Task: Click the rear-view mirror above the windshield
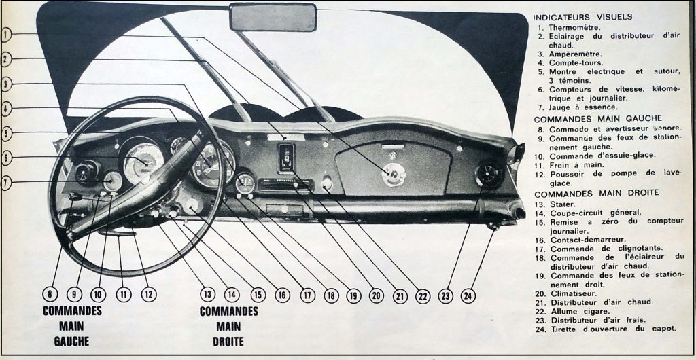pos(273,17)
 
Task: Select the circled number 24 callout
pos(468,295)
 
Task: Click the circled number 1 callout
pos(5,34)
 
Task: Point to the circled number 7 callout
pos(5,183)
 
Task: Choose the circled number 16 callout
pos(282,295)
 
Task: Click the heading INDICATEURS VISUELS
pos(582,17)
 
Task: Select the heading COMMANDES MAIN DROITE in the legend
pos(597,194)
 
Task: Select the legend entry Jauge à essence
pos(582,107)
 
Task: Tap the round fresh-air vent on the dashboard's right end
pos(489,176)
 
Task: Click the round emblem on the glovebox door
pos(394,175)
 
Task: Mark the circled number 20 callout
pos(376,295)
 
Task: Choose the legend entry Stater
pos(562,204)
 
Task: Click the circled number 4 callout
pos(5,109)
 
